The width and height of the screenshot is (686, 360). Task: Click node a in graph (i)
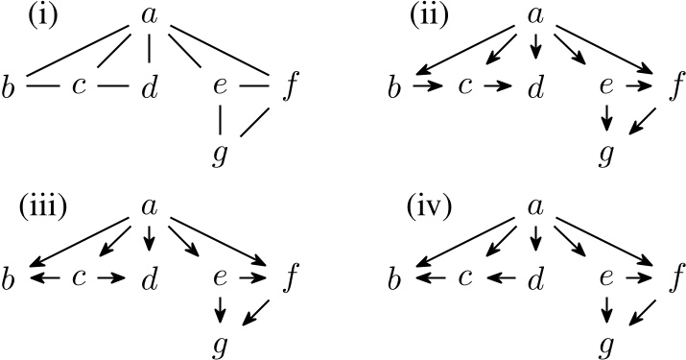click(x=149, y=16)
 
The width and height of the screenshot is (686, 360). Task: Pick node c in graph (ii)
click(x=464, y=87)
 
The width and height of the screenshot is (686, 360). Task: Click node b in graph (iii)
click(x=12, y=278)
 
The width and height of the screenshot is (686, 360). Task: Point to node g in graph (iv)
click(x=604, y=343)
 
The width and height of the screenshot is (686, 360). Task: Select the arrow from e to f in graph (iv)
click(x=637, y=278)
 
